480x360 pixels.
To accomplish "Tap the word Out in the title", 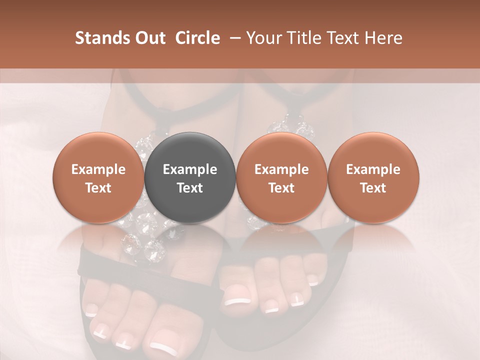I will (148, 38).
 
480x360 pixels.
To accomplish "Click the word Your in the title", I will (264, 38).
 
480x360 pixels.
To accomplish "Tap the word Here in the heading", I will (383, 38).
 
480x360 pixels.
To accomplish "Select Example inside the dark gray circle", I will (190, 169).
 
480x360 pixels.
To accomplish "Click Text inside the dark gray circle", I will (190, 188).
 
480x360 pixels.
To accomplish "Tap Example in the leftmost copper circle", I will (98, 169).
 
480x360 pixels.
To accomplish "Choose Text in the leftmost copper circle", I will (98, 188).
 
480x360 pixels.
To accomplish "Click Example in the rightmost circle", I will (373, 169).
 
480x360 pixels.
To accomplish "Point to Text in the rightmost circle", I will (373, 188).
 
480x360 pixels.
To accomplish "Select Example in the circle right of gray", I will (281, 169).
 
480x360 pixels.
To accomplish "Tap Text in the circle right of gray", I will (281, 188).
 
